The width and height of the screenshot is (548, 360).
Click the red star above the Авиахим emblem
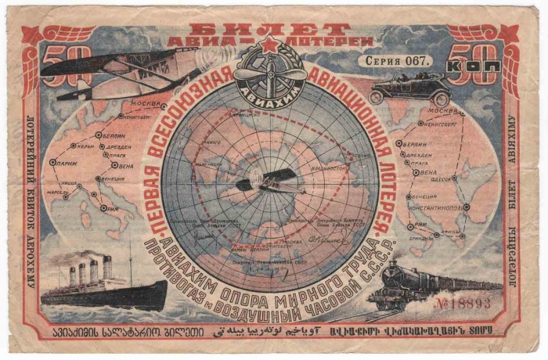tap(269, 45)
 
